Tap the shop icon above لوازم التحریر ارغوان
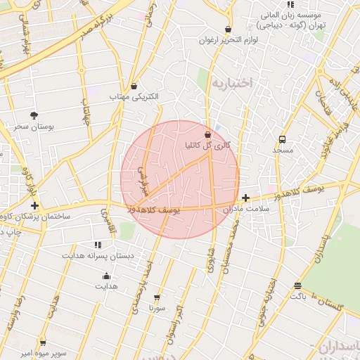(x=228, y=30)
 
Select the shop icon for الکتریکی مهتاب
(x=134, y=86)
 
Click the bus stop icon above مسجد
(x=282, y=139)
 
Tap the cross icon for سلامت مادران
(x=245, y=198)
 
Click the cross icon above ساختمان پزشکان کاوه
(x=34, y=205)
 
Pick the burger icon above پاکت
(x=298, y=286)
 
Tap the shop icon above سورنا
(x=156, y=297)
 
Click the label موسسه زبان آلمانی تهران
(x=290, y=19)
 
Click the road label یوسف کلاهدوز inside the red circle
(x=155, y=210)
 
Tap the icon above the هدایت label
(x=106, y=276)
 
